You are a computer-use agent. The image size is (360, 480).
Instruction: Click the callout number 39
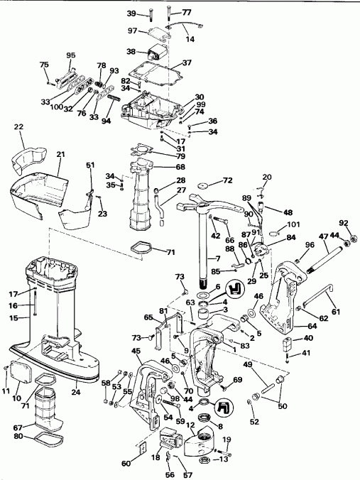[131, 13]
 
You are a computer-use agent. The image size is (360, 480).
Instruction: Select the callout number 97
[132, 31]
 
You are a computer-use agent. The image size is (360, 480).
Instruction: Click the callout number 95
[71, 55]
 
